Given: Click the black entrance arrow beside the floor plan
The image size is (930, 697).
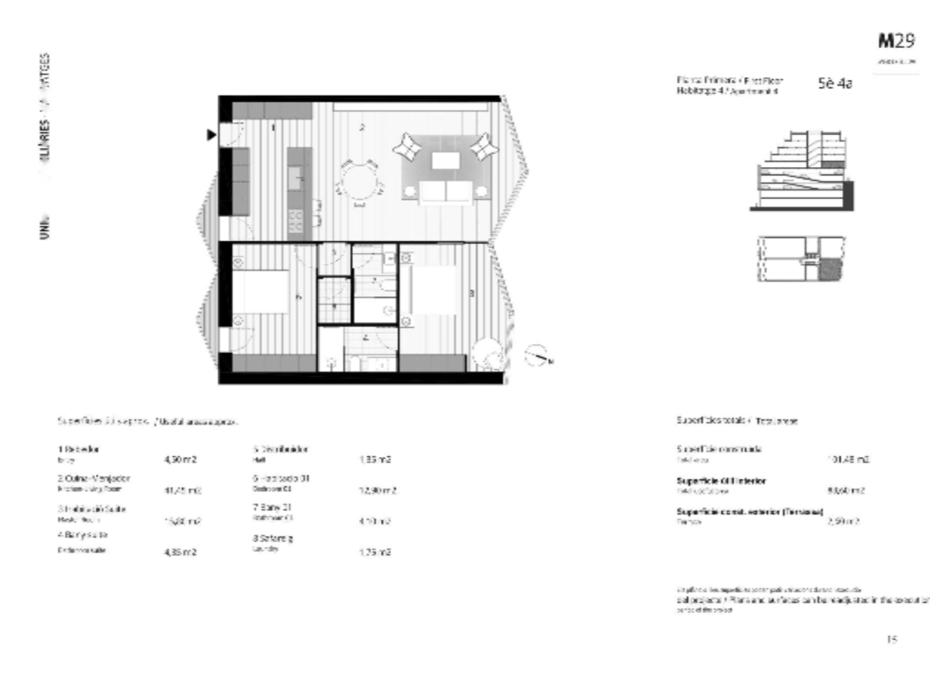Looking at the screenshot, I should (x=211, y=134).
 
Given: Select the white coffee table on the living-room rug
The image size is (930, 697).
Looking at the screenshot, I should (x=446, y=160).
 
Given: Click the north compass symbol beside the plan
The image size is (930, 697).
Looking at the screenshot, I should (x=537, y=354).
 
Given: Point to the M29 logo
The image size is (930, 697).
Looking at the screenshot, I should (x=896, y=41).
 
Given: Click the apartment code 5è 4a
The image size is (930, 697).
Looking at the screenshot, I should (x=835, y=83).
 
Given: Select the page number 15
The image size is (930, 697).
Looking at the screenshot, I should (x=892, y=639).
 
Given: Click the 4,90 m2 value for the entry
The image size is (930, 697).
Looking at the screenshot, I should (x=180, y=460).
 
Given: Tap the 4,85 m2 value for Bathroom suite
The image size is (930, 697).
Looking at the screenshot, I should (x=180, y=553).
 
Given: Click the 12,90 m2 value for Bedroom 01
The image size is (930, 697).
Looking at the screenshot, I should (x=378, y=491).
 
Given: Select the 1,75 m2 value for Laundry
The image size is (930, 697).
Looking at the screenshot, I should (x=375, y=553).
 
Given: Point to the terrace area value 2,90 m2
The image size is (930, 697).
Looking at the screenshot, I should (x=843, y=521).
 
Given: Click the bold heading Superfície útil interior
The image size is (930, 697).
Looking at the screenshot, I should (x=721, y=481).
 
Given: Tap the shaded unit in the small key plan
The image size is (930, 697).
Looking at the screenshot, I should (x=830, y=270).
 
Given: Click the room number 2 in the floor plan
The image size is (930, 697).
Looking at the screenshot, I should (x=362, y=129).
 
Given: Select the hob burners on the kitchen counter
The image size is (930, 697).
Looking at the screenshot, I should (x=296, y=221).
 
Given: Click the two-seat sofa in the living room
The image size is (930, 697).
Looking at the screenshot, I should (x=446, y=192).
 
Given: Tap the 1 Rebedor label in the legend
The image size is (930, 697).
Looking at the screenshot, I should (x=78, y=449).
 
